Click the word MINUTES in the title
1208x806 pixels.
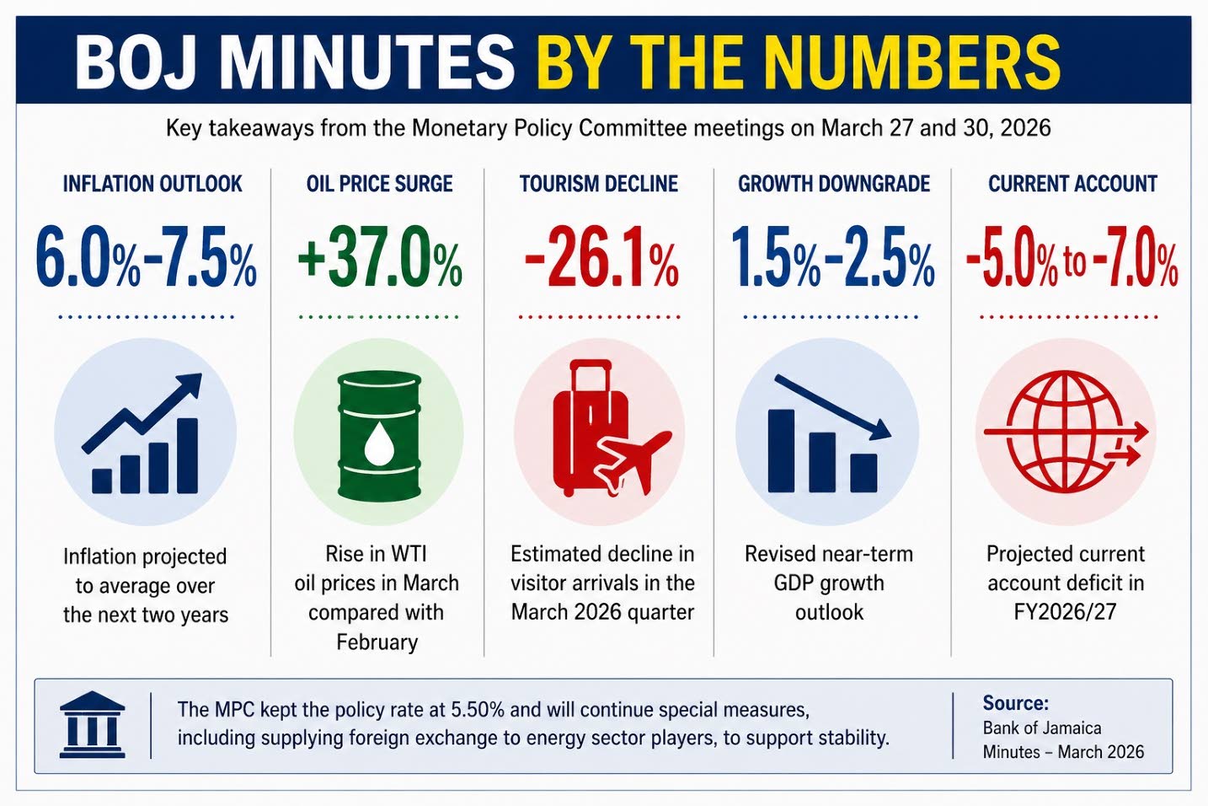(x=367, y=61)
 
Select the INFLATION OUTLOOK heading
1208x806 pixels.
(x=152, y=184)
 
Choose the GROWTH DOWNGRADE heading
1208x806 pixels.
(x=834, y=184)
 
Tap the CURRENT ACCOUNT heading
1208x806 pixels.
(x=1072, y=184)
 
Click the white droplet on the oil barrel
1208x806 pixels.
(x=379, y=442)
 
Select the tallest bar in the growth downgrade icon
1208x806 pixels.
(x=781, y=450)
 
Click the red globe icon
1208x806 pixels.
(x=1063, y=432)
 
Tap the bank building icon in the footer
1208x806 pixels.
(x=93, y=724)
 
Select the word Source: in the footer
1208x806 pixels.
(x=1015, y=703)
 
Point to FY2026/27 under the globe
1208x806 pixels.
(x=1065, y=611)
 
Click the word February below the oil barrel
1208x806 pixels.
(x=377, y=642)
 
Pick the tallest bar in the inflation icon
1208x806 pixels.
(x=187, y=455)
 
